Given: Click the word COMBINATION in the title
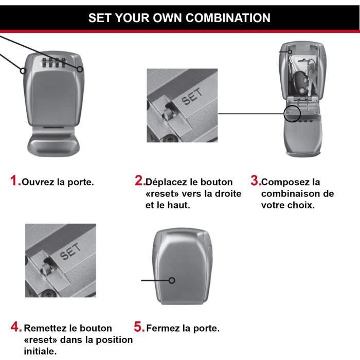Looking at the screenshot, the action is (x=228, y=18).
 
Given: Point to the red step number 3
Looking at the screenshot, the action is (x=256, y=181).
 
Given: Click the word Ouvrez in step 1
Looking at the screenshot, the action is (x=39, y=182).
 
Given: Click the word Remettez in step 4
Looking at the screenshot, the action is (x=45, y=328).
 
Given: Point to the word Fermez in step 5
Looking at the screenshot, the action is (x=163, y=328).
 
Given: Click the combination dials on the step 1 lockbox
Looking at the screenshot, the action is (x=53, y=63).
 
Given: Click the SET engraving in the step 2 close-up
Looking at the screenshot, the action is (x=192, y=97).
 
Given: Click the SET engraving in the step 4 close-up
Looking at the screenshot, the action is (x=70, y=251).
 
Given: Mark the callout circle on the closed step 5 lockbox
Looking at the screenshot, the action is (x=171, y=280).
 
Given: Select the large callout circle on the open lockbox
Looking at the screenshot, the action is (x=292, y=114).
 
